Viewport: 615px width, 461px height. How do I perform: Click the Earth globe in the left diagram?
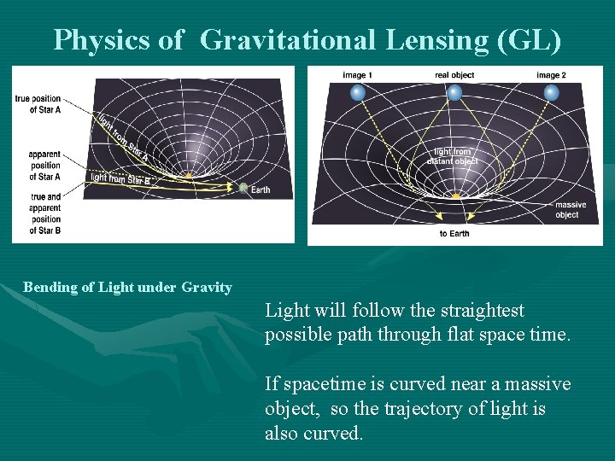tap(244, 189)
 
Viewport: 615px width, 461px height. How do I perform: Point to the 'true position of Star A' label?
tap(38, 104)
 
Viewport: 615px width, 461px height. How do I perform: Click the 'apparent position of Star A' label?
tap(44, 166)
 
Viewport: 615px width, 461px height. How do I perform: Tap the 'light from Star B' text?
tap(120, 178)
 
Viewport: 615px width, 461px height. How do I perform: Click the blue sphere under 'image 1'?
tap(359, 91)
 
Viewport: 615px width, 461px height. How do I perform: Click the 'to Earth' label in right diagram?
tap(454, 234)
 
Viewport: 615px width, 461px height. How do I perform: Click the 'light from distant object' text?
tap(453, 156)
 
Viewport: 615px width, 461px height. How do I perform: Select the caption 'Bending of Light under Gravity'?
tap(127, 288)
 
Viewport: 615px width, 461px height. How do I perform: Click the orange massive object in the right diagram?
tap(455, 196)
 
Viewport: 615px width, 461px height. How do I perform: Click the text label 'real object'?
tap(454, 76)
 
